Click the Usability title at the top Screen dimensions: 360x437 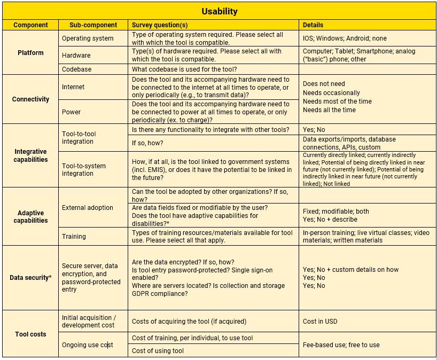tap(219, 11)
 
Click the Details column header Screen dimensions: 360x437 tap(313, 25)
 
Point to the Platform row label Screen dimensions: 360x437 tap(30, 53)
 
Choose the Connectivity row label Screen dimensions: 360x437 tap(30, 99)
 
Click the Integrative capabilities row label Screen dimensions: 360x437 tap(30, 155)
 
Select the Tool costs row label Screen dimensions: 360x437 tap(30, 334)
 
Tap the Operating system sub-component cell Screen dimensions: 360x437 tap(88, 38)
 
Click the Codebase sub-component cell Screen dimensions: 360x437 tap(76, 69)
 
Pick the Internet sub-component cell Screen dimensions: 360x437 tap(73, 87)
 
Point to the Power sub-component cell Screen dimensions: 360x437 tap(72, 112)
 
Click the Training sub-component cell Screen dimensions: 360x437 tap(74, 236)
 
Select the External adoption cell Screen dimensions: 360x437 tap(88, 208)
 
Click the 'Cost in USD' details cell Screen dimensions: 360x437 tap(320, 322)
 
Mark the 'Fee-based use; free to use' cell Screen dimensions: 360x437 tap(341, 345)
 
